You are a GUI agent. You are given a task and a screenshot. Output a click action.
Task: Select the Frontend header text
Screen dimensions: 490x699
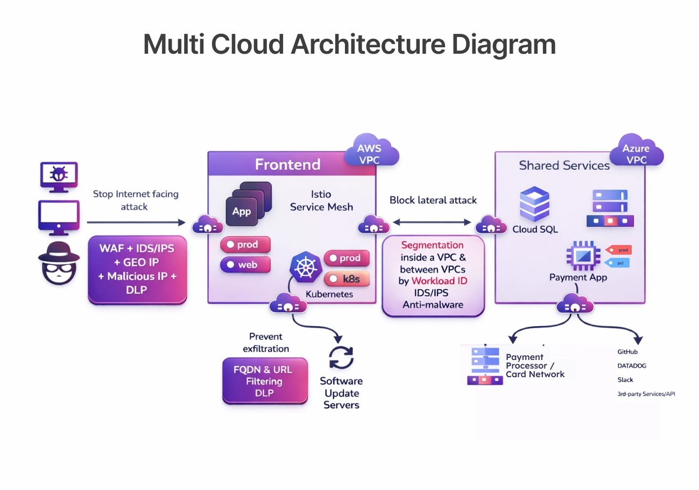click(x=287, y=164)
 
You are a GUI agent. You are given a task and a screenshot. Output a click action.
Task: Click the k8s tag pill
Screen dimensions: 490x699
click(x=347, y=279)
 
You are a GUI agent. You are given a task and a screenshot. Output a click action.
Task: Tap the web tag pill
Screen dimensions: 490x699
click(x=245, y=264)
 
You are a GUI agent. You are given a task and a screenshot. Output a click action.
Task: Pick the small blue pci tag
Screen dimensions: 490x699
click(x=617, y=263)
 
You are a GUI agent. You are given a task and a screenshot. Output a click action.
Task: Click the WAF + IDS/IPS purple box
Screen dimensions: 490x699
click(x=138, y=269)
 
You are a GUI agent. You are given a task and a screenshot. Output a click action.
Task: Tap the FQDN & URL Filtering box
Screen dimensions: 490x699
click(x=265, y=381)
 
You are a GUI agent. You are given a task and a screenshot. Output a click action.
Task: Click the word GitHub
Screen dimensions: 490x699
click(x=627, y=352)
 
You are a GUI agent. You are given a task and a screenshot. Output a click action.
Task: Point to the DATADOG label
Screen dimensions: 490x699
click(x=632, y=366)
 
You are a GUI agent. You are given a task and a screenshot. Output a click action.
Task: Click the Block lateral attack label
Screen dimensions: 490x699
click(x=433, y=200)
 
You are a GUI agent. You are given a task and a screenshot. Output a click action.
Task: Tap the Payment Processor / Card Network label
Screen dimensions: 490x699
click(x=535, y=365)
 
